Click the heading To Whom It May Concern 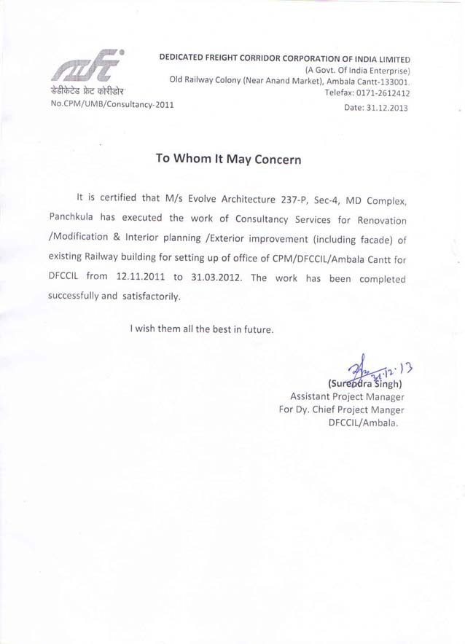228,159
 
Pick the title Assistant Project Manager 346,397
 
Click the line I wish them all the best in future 202,329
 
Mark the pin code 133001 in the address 392,82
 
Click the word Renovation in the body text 375,219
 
